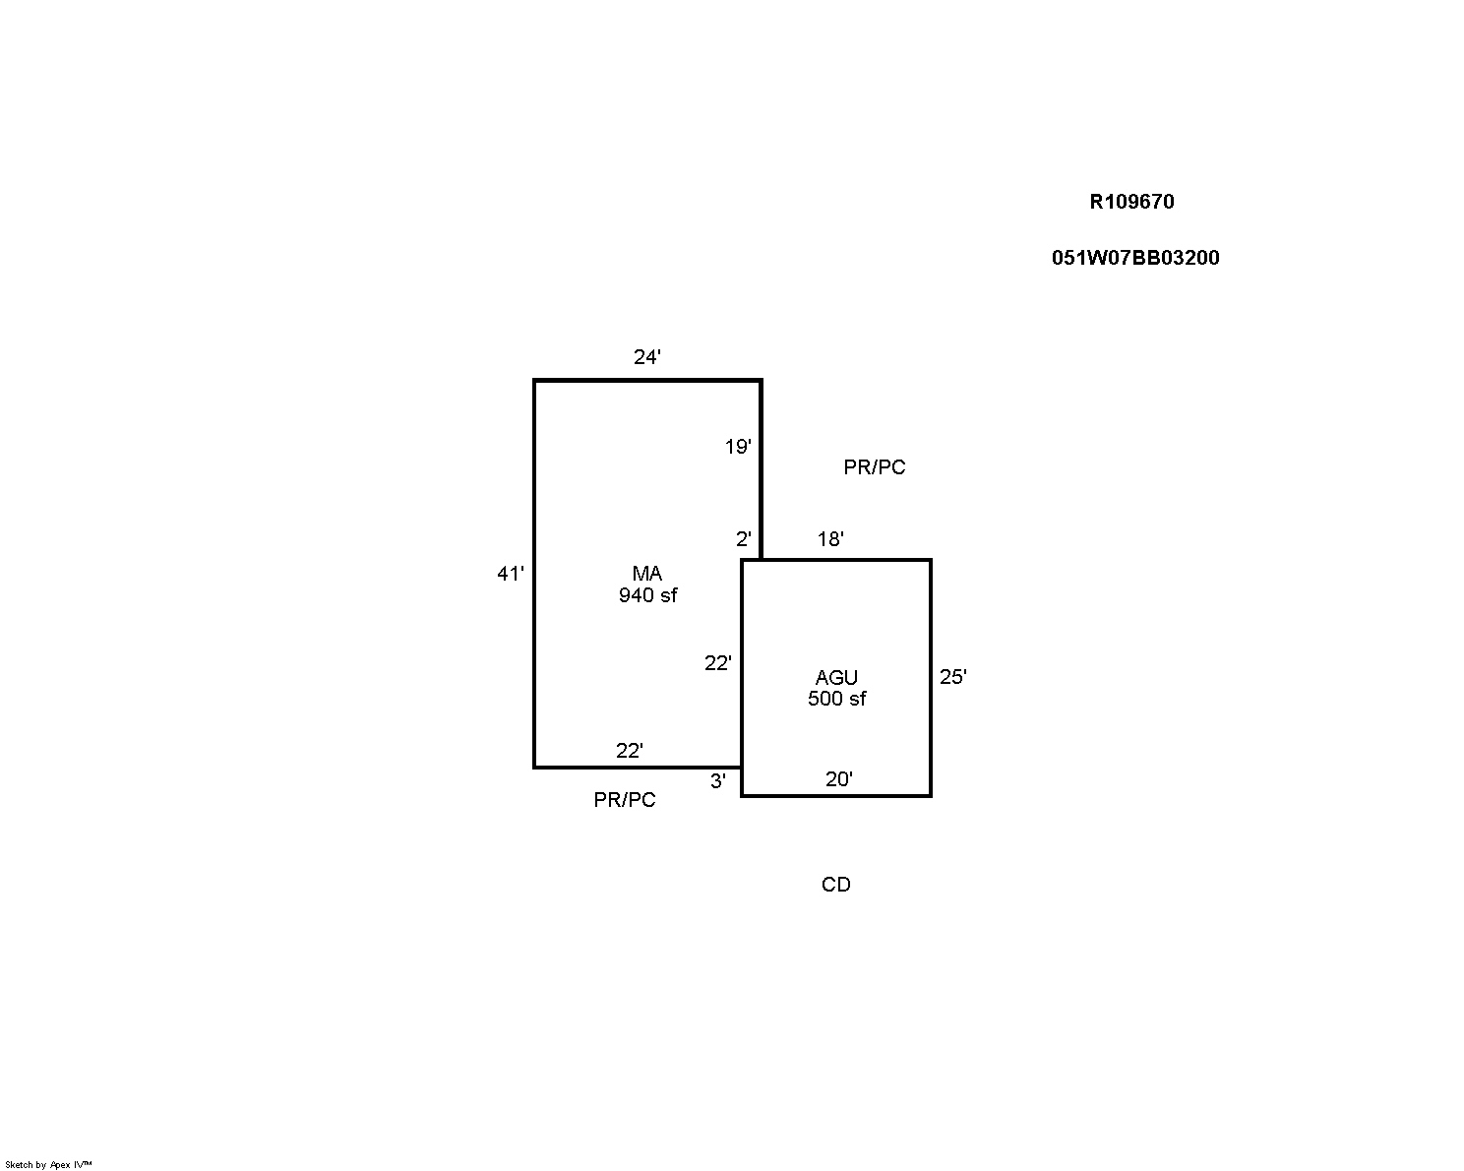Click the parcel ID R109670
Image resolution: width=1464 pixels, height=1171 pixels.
pyautogui.click(x=1131, y=202)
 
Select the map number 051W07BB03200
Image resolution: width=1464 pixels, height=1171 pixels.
pyautogui.click(x=1135, y=258)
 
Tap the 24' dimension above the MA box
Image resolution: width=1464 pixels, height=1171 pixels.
pyautogui.click(x=647, y=356)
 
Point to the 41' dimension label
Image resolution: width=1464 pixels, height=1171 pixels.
pyautogui.click(x=511, y=574)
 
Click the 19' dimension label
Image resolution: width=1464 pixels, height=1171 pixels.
pyautogui.click(x=738, y=447)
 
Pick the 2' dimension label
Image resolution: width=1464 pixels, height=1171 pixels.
pyautogui.click(x=744, y=539)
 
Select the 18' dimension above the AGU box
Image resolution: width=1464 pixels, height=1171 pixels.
pyautogui.click(x=830, y=539)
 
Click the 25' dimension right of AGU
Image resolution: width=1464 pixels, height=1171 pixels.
pyautogui.click(x=953, y=676)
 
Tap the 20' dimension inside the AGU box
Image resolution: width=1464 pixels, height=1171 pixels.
pyautogui.click(x=839, y=779)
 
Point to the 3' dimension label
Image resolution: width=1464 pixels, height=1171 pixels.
pyautogui.click(x=717, y=781)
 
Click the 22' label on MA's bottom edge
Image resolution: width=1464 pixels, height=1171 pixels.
pyautogui.click(x=630, y=751)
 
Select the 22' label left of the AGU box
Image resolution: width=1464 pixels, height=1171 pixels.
pyautogui.click(x=717, y=662)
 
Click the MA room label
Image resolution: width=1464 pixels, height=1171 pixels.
pyautogui.click(x=647, y=574)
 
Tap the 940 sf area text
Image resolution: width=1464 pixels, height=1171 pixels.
pyautogui.click(x=647, y=595)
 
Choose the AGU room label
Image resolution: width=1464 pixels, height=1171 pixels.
pyautogui.click(x=836, y=678)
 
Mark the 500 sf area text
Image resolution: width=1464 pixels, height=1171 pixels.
pyautogui.click(x=836, y=699)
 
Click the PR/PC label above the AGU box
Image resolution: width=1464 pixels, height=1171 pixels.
pyautogui.click(x=875, y=467)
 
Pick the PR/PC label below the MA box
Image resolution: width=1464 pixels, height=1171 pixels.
pyautogui.click(x=625, y=800)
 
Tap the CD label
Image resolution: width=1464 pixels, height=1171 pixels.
pyautogui.click(x=836, y=885)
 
